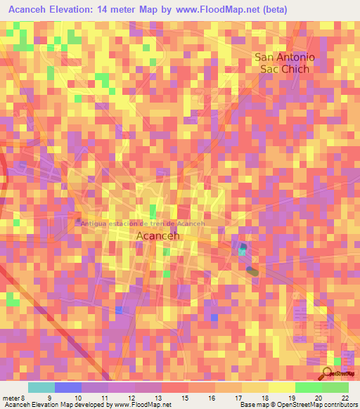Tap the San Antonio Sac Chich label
(285, 63)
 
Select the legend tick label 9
(49, 397)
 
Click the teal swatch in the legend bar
(41, 387)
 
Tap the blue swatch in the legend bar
(67, 387)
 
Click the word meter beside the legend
(10, 397)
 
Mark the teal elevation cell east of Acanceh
(243, 251)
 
